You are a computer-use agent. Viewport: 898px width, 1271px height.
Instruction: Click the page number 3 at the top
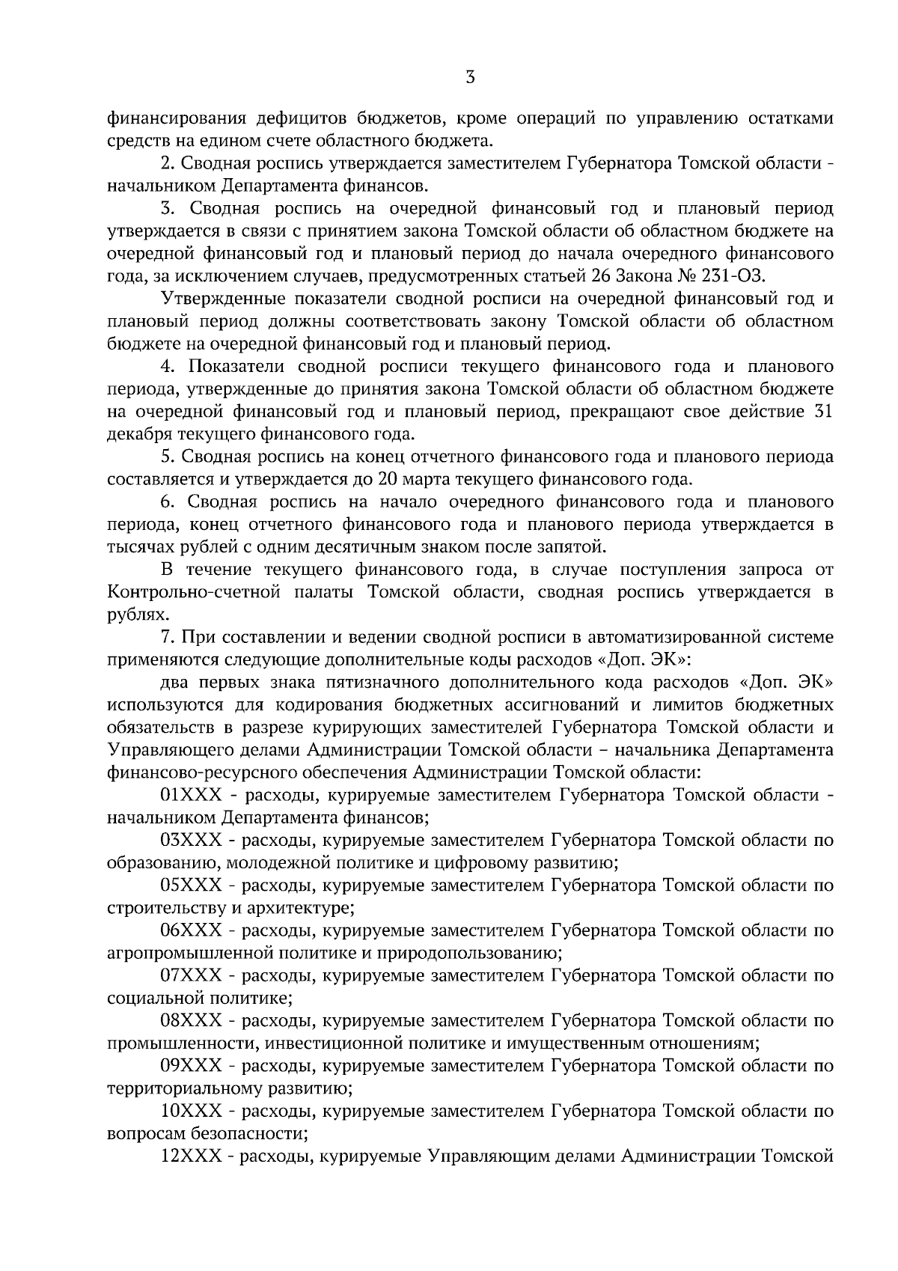469,77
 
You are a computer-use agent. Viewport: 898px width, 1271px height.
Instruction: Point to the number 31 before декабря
822,412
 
